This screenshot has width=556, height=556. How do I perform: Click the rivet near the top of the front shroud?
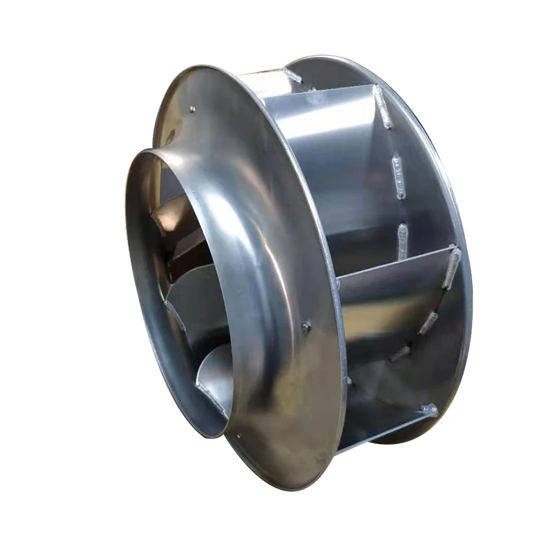(192, 109)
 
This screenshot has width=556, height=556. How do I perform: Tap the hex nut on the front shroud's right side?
(306, 325)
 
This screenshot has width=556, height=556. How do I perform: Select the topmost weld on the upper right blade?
(383, 106)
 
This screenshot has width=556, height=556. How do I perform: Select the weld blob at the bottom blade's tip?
(429, 410)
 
